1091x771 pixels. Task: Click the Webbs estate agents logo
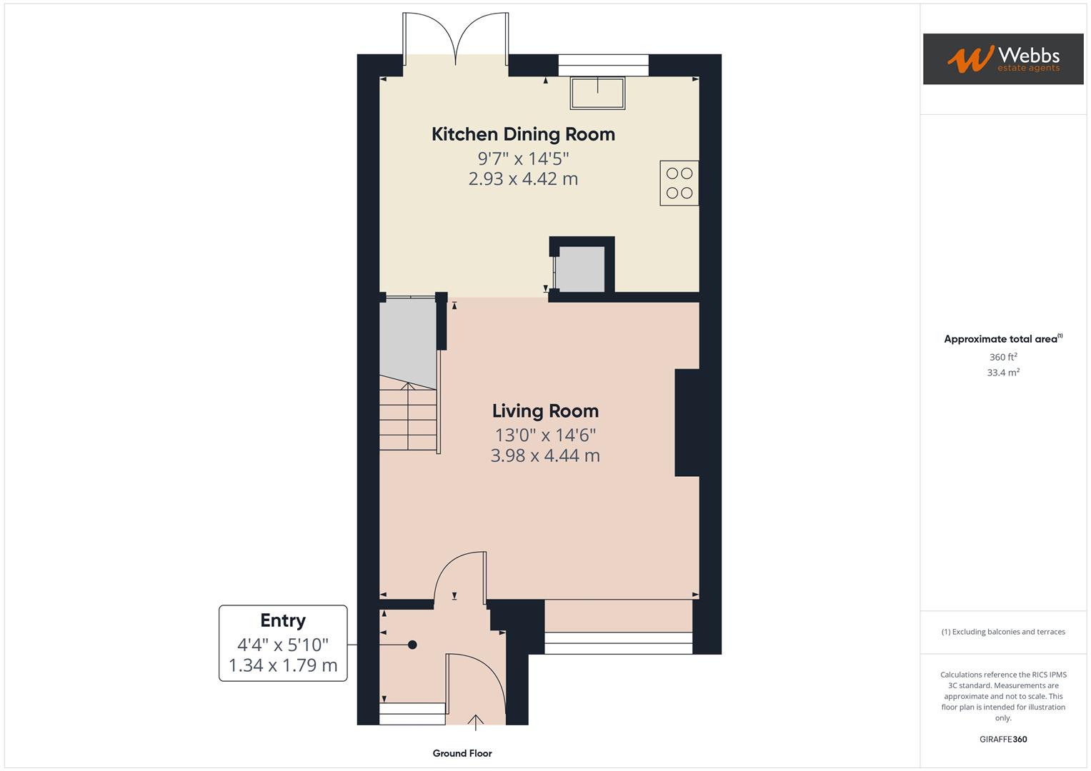click(x=1002, y=59)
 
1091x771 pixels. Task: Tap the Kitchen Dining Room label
click(x=523, y=134)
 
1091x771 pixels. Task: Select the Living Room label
click(x=545, y=411)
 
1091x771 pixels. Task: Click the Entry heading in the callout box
click(x=283, y=620)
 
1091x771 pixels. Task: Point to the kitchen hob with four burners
click(x=679, y=183)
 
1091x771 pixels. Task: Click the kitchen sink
click(x=597, y=93)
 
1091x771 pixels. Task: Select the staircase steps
click(x=408, y=417)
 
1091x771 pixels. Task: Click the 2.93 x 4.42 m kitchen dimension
click(x=523, y=179)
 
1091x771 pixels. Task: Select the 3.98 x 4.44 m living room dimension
click(x=545, y=455)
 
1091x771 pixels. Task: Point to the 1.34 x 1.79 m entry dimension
click(x=283, y=666)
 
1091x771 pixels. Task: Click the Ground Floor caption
click(x=462, y=753)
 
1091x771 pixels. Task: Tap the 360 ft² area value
click(x=1002, y=357)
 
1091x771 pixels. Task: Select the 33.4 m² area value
click(x=1002, y=373)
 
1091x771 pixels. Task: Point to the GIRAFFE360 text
click(x=1002, y=740)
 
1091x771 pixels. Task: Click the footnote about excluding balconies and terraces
click(x=1002, y=632)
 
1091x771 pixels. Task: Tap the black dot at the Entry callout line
click(x=412, y=645)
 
